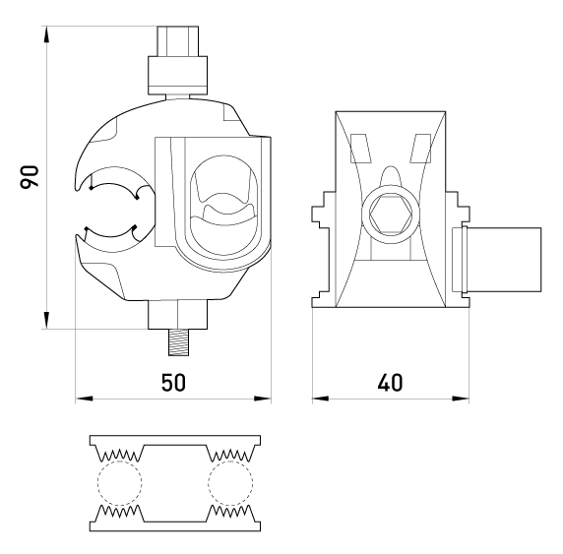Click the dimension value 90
pyautogui.click(x=30, y=177)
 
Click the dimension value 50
pyautogui.click(x=173, y=383)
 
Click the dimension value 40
pyautogui.click(x=391, y=383)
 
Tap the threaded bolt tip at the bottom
pyautogui.click(x=178, y=342)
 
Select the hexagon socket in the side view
pyautogui.click(x=391, y=215)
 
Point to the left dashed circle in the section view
pyautogui.click(x=120, y=483)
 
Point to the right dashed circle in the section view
pyautogui.click(x=230, y=483)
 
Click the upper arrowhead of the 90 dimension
pyautogui.click(x=46, y=34)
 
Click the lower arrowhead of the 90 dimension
pyautogui.click(x=46, y=320)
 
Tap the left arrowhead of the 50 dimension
pyautogui.click(x=84, y=399)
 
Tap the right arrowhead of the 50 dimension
pyautogui.click(x=262, y=399)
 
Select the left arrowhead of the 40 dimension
pyautogui.click(x=321, y=399)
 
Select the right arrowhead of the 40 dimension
pyautogui.click(x=461, y=399)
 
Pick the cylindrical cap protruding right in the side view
pyautogui.click(x=501, y=260)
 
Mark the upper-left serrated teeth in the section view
pyautogui.click(x=119, y=455)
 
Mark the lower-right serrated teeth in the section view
pyautogui.click(x=231, y=512)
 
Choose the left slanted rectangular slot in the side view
pyautogui.click(x=360, y=149)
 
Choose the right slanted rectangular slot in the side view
pyautogui.click(x=421, y=149)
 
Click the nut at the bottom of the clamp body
pyautogui.click(x=178, y=315)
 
